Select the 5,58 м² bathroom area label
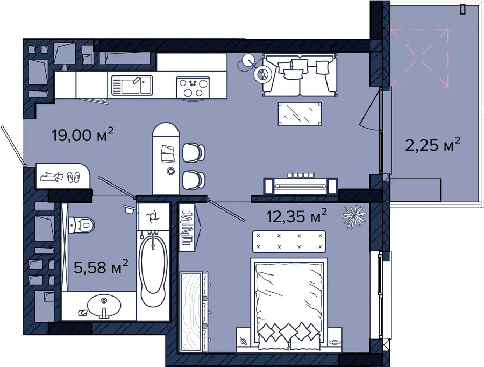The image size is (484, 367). click(101, 267)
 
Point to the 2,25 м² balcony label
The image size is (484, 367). click(433, 145)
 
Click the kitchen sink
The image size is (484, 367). click(132, 85)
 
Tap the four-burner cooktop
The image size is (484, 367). click(193, 87)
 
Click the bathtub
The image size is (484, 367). click(153, 268)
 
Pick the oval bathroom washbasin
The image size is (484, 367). click(104, 306)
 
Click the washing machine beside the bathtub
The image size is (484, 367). click(153, 216)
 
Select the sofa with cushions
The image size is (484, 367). click(300, 75)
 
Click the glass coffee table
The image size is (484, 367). click(300, 114)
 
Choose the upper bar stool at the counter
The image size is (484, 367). click(194, 152)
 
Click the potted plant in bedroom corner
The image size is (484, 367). click(354, 217)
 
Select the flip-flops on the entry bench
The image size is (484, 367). click(73, 178)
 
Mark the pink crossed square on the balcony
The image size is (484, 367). click(419, 58)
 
